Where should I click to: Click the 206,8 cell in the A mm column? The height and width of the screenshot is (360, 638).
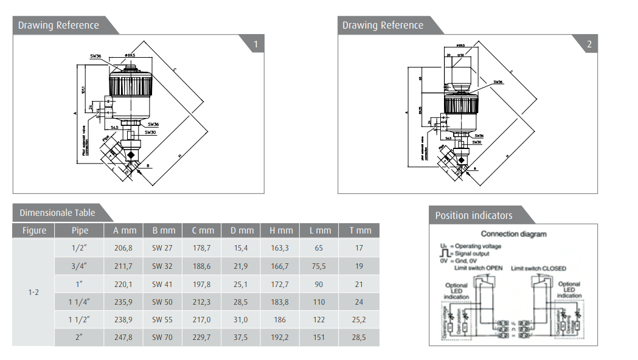point(123,248)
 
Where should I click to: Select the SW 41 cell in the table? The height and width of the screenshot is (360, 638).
point(163,284)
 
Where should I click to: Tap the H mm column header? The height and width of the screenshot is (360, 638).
point(280,230)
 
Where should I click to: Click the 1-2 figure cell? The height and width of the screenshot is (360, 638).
point(33,292)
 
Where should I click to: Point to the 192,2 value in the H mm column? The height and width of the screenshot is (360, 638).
point(280,337)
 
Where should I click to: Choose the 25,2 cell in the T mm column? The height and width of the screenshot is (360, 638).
point(359,319)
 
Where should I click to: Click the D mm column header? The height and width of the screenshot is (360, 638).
point(241,230)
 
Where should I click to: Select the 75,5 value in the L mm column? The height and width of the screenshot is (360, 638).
point(319,266)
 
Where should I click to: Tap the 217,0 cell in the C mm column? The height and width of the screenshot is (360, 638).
point(202,319)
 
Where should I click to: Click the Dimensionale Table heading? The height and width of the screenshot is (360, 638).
point(57,213)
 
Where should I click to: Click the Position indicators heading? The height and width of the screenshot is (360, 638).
point(474,215)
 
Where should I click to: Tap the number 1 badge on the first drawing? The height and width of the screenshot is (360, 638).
point(255,44)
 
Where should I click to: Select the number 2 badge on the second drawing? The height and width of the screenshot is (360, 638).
point(589,44)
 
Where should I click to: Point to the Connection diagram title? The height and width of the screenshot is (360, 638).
point(513,234)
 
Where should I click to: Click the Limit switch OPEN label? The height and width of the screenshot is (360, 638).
point(477,268)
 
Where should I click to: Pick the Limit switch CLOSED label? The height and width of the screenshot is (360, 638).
point(538,268)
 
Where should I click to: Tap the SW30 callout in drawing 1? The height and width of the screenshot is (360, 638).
point(150,131)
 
